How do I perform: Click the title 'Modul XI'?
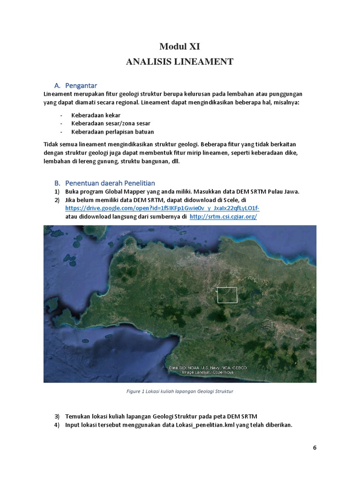coord(180,46)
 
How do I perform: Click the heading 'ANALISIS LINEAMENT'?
coord(180,62)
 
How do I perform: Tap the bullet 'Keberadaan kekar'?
coord(96,115)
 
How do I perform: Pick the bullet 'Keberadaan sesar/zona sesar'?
coord(111,123)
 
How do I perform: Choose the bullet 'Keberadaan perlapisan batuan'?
coord(112,132)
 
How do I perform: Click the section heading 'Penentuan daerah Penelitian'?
coord(110,183)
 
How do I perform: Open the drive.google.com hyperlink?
coord(162,208)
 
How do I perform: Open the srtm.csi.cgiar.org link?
coord(223,217)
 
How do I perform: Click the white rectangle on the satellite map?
coord(227,295)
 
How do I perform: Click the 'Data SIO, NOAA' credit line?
coord(208,367)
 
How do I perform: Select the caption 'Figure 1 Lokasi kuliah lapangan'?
coord(180,391)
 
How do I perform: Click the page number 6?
coord(315,448)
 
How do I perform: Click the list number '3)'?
coord(57,416)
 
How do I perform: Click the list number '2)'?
coord(57,200)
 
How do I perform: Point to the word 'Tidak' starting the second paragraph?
coord(51,144)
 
